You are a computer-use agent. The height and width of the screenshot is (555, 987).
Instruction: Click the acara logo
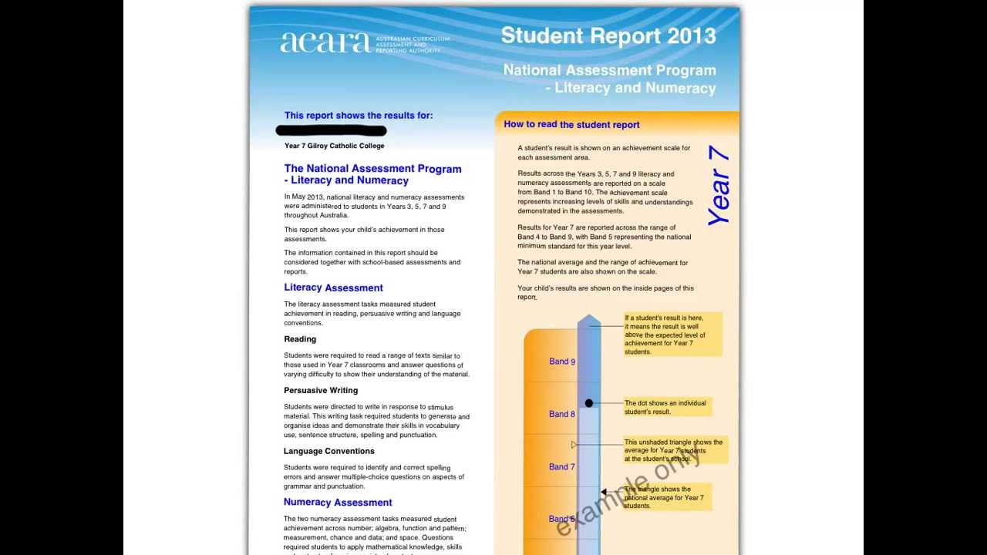(x=325, y=42)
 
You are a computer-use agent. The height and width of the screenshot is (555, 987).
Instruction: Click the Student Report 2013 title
(x=608, y=35)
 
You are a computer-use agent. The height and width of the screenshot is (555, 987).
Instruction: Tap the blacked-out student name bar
(x=332, y=131)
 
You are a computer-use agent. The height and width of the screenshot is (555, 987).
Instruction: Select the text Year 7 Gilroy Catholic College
(x=334, y=146)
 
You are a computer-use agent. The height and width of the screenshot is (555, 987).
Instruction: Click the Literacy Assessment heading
(x=333, y=288)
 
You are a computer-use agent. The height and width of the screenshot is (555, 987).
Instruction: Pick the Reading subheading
(x=300, y=339)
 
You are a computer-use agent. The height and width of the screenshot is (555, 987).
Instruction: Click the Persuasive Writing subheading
(x=321, y=390)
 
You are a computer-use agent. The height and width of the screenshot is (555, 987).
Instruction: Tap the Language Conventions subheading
(x=329, y=451)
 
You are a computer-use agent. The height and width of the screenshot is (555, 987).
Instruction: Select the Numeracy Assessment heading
(x=338, y=503)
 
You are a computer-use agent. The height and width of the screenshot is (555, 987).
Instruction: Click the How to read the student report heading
(x=571, y=124)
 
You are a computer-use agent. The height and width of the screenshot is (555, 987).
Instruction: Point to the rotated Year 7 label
(x=718, y=186)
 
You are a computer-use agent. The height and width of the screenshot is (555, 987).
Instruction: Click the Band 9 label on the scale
(x=562, y=362)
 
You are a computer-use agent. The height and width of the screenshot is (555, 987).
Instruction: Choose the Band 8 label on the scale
(x=562, y=414)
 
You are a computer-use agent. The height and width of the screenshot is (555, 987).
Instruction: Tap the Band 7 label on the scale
(x=562, y=467)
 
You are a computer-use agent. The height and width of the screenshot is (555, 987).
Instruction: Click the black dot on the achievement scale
(x=589, y=403)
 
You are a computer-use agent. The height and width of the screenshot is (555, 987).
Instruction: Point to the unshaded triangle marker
(x=574, y=445)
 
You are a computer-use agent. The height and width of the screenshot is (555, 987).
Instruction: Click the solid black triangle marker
(x=604, y=492)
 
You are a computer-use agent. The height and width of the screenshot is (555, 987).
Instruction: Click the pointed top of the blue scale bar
(x=589, y=318)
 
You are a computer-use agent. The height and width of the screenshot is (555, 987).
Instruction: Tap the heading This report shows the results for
(x=359, y=116)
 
